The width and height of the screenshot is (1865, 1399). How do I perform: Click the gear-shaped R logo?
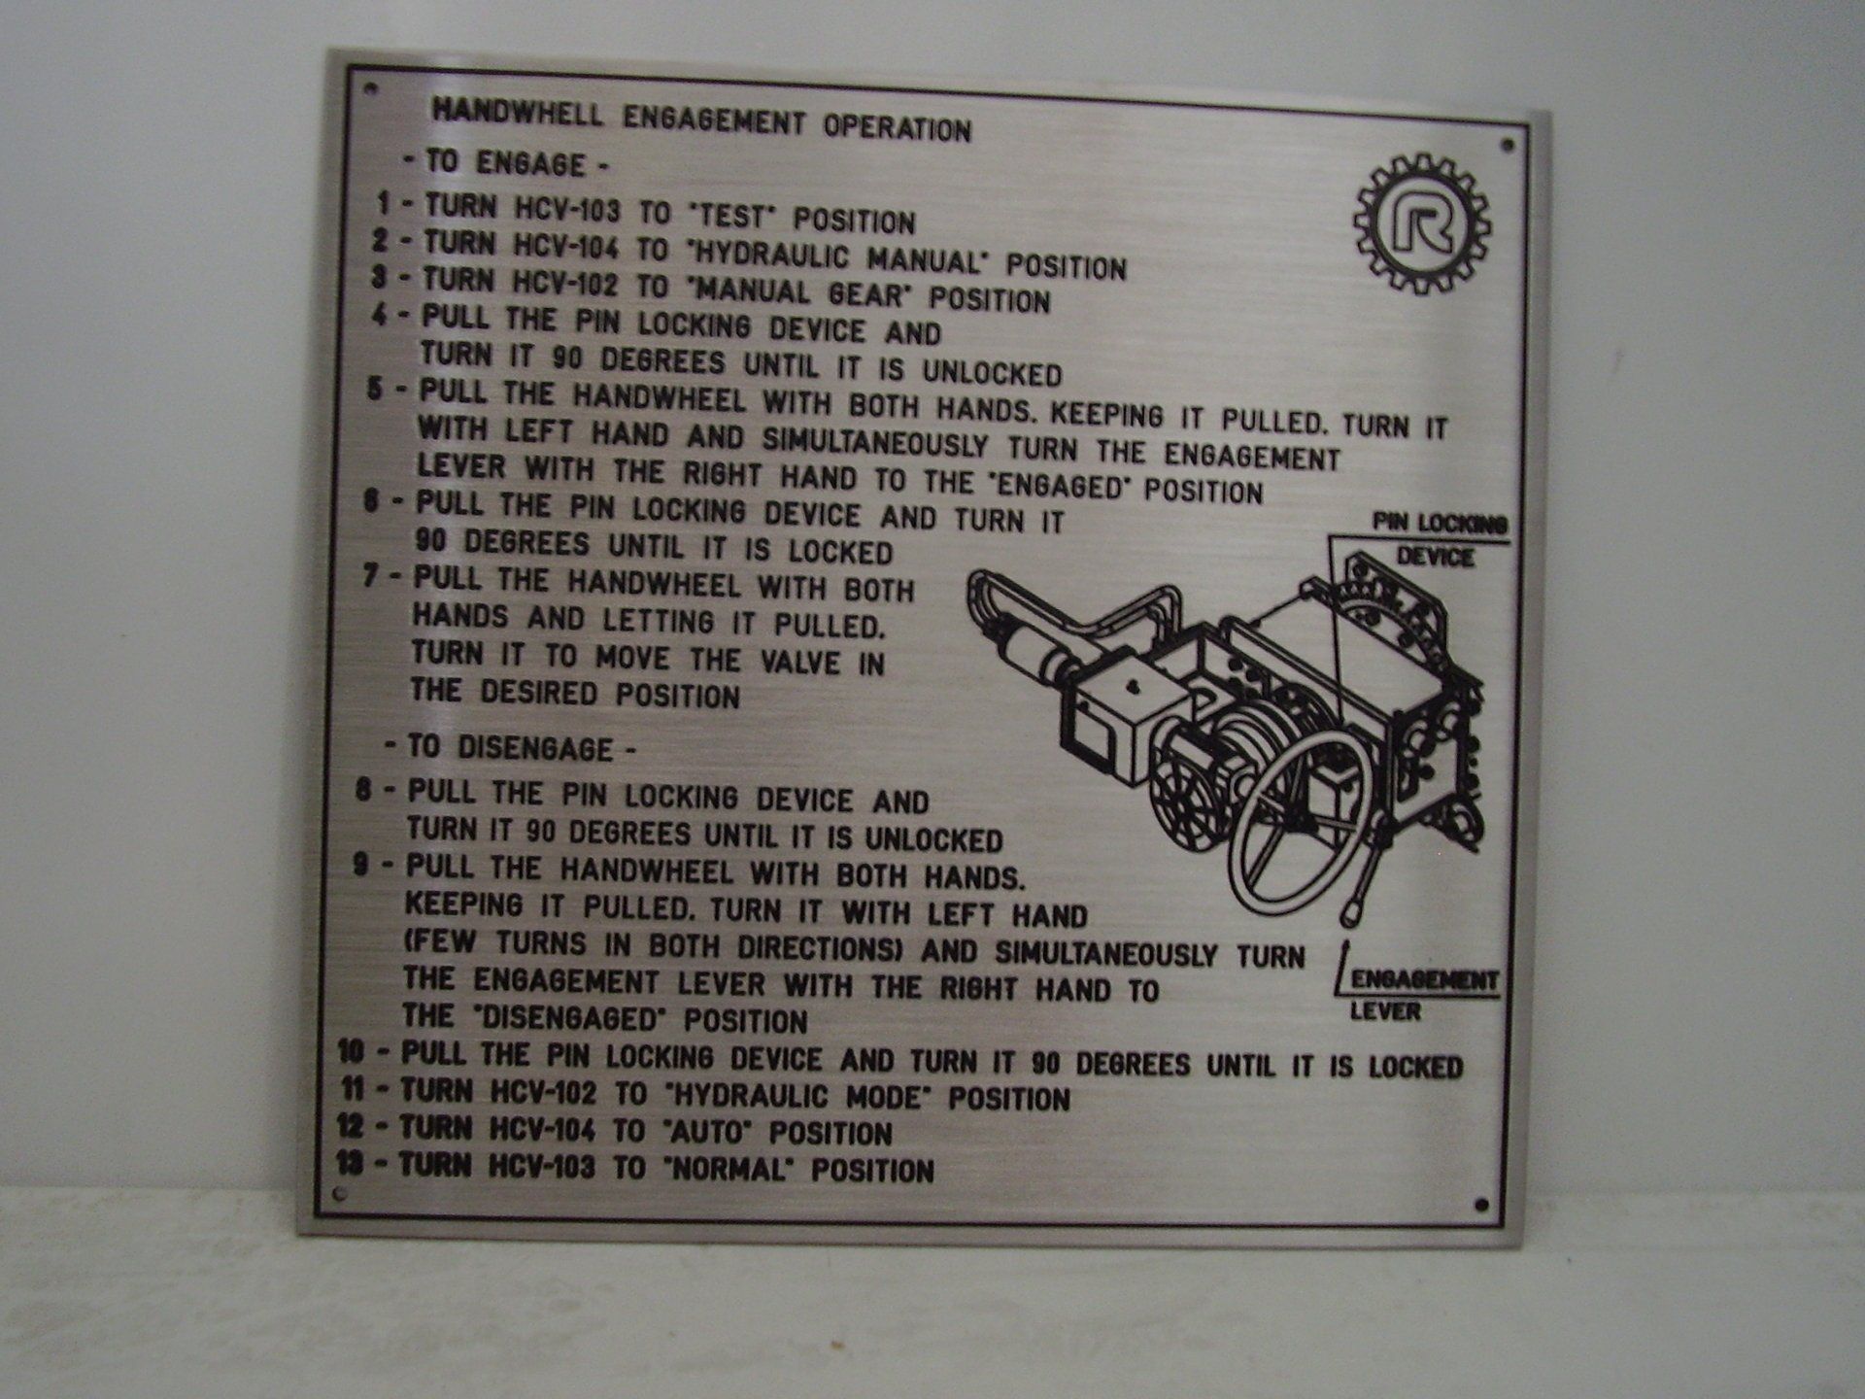1422,224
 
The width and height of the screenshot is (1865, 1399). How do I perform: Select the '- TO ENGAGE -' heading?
505,163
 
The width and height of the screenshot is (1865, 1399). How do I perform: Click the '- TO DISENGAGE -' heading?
509,748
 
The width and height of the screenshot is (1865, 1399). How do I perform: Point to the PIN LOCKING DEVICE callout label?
1439,540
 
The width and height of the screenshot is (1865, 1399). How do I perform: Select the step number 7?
370,576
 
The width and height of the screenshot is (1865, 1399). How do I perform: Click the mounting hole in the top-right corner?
1508,146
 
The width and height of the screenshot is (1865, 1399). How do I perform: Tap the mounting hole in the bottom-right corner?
1481,1206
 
